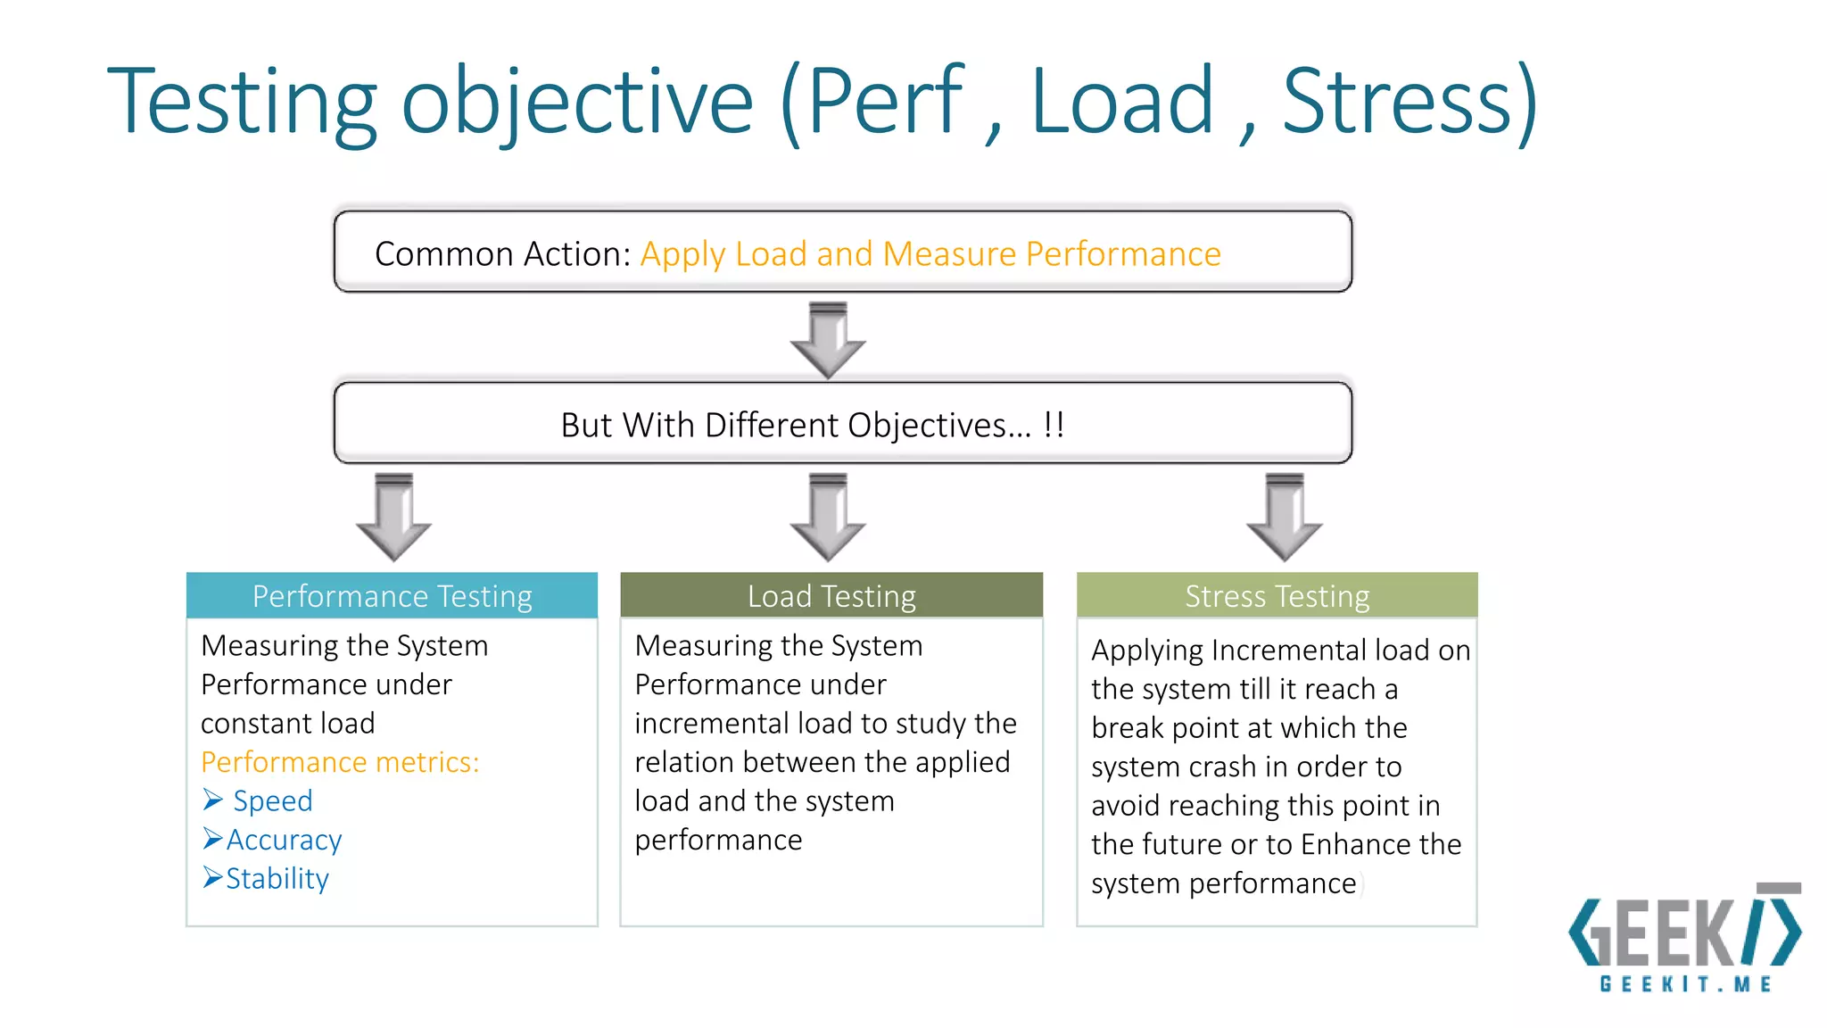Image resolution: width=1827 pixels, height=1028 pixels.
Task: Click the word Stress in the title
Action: pyautogui.click(x=1397, y=101)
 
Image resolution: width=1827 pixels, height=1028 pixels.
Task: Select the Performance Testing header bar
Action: pyautogui.click(x=392, y=596)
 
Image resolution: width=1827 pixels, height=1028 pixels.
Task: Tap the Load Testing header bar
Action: pyautogui.click(x=831, y=596)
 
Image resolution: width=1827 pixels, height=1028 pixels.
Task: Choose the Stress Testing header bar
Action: pyautogui.click(x=1277, y=596)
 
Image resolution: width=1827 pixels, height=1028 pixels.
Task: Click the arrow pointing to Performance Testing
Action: pyautogui.click(x=393, y=518)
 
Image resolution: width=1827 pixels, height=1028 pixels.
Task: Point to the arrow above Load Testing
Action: pyautogui.click(x=828, y=518)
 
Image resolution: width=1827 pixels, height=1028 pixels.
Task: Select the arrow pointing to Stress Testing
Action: pyautogui.click(x=1285, y=518)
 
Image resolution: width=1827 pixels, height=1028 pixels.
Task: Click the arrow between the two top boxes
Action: pyautogui.click(x=828, y=341)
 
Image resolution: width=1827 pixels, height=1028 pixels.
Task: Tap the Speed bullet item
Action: pyautogui.click(x=272, y=800)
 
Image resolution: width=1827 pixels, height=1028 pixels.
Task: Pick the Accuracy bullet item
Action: pyautogui.click(x=284, y=840)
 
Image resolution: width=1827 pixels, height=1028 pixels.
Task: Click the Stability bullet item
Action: pyautogui.click(x=277, y=879)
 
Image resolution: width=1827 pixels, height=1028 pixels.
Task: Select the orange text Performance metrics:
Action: pyautogui.click(x=340, y=762)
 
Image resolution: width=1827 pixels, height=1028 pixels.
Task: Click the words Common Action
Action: pyautogui.click(x=502, y=254)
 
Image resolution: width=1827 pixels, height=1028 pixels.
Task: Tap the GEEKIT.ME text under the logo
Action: pyautogui.click(x=1685, y=984)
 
